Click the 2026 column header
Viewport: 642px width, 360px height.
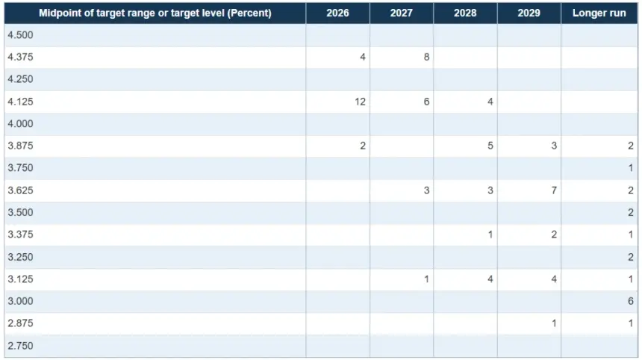pyautogui.click(x=337, y=13)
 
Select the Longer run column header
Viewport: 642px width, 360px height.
pyautogui.click(x=599, y=13)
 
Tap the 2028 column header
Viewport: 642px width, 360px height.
pyautogui.click(x=465, y=13)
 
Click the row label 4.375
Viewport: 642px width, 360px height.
pyautogui.click(x=20, y=57)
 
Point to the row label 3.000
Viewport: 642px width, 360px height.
pyautogui.click(x=20, y=301)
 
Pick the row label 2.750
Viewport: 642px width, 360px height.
pyautogui.click(x=20, y=346)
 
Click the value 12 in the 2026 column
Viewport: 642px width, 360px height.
pyautogui.click(x=360, y=102)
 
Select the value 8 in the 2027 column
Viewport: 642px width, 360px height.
pyautogui.click(x=426, y=57)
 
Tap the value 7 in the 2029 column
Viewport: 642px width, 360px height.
pyautogui.click(x=554, y=190)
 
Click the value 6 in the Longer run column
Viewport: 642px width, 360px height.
pyautogui.click(x=630, y=301)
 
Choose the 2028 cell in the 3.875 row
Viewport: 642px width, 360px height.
pyautogui.click(x=490, y=146)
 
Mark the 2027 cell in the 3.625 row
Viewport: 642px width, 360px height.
pyautogui.click(x=426, y=190)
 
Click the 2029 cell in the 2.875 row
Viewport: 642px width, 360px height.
pyautogui.click(x=554, y=323)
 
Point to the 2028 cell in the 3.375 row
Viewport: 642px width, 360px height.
pyautogui.click(x=490, y=235)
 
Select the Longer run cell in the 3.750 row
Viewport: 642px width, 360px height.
pyautogui.click(x=630, y=168)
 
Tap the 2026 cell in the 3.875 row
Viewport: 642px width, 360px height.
pyautogui.click(x=362, y=146)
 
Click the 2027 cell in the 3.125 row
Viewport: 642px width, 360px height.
pyautogui.click(x=426, y=279)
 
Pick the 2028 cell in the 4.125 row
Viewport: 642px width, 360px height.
pyautogui.click(x=490, y=102)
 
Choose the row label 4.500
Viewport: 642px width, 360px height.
pyautogui.click(x=20, y=35)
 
